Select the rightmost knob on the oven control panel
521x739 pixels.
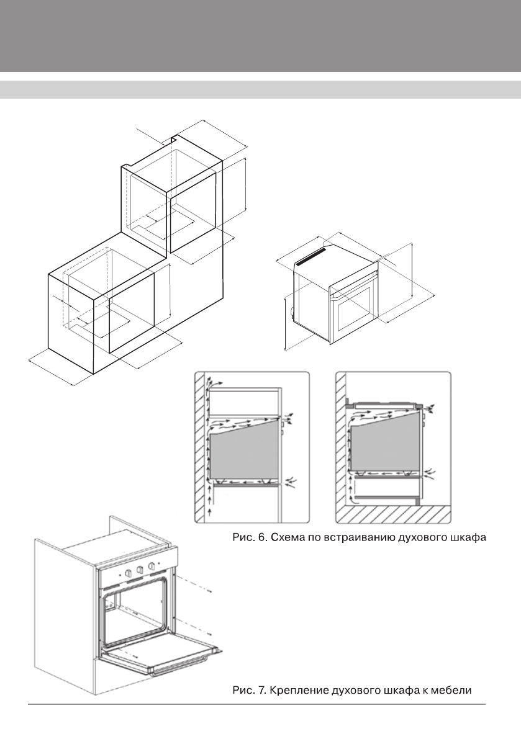(151, 565)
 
